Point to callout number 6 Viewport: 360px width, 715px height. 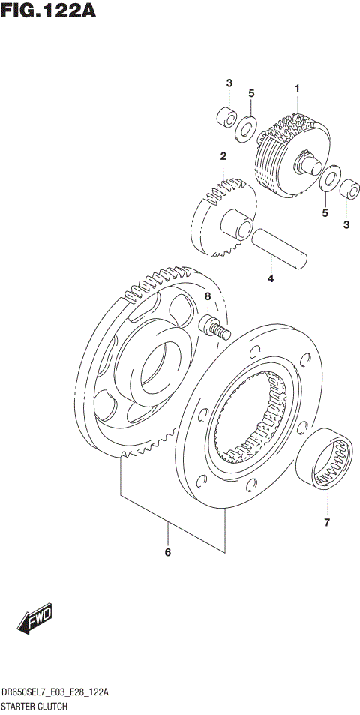(x=168, y=553)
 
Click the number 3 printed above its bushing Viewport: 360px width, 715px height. (x=229, y=83)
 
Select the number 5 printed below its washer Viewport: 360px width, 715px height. (x=325, y=213)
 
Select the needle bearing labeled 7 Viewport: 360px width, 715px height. (x=325, y=460)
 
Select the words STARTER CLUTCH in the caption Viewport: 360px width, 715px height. (x=34, y=707)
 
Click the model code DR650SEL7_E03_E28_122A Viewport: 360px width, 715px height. (x=56, y=695)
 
